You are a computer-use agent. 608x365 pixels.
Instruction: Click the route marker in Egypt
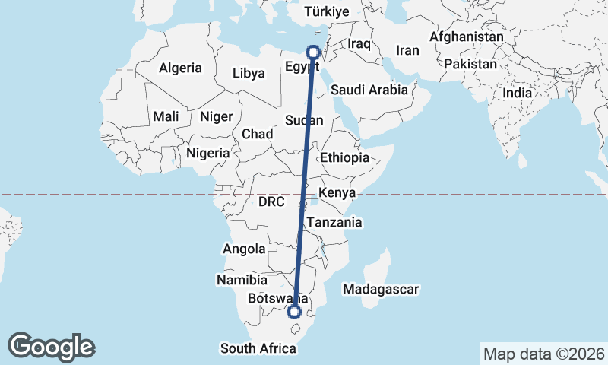point(312,52)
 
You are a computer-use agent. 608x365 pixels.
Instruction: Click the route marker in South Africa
point(294,312)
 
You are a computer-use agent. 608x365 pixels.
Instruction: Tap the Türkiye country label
point(326,11)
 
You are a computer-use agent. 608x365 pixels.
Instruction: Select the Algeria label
point(180,68)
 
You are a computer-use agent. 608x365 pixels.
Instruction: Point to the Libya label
point(249,74)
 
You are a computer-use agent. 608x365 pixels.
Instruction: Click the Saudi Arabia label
point(369,90)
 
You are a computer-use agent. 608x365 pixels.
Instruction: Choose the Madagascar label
point(381,290)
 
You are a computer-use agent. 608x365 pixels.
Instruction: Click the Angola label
point(244,249)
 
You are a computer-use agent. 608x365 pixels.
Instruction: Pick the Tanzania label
point(334,223)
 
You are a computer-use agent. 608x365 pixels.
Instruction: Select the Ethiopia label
point(345,157)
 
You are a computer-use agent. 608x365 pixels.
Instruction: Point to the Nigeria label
point(207,153)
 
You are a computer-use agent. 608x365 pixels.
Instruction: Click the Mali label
point(165,116)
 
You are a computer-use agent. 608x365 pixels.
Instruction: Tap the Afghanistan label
point(467,36)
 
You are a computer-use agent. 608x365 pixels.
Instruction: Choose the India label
point(518,93)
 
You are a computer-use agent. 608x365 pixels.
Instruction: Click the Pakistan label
point(470,65)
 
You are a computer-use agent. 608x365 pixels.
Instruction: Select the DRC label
point(271,202)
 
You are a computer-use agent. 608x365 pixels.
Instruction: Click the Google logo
point(52,347)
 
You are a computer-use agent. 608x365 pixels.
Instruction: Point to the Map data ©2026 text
point(544,354)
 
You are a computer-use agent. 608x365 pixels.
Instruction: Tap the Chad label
point(258,134)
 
